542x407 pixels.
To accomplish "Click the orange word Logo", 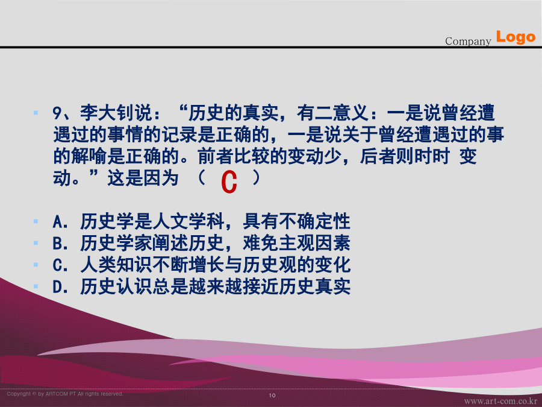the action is [x=516, y=37].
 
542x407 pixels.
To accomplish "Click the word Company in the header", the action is [x=468, y=41].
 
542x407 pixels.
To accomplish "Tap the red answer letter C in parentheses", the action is [x=229, y=181].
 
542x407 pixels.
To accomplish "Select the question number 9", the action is [x=57, y=113].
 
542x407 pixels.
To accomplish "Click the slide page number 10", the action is [x=272, y=395].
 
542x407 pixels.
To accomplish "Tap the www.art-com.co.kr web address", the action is [x=500, y=401].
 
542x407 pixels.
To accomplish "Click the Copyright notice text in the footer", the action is [x=65, y=394].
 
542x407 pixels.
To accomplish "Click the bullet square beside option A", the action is [x=36, y=221].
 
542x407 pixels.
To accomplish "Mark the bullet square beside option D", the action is [x=36, y=286].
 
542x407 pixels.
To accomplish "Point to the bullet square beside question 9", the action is [x=36, y=113].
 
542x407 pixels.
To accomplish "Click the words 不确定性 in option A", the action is [x=314, y=221].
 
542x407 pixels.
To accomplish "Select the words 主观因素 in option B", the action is [x=314, y=243].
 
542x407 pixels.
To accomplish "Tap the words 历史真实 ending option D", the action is [x=314, y=286].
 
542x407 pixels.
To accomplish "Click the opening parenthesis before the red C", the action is [x=202, y=178].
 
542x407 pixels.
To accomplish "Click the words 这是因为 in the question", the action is [x=143, y=178].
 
